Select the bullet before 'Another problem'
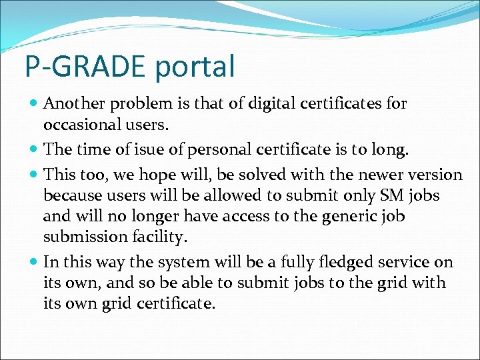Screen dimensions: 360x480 34,104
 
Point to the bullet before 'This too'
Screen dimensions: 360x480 34,175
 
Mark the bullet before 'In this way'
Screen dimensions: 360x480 34,263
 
